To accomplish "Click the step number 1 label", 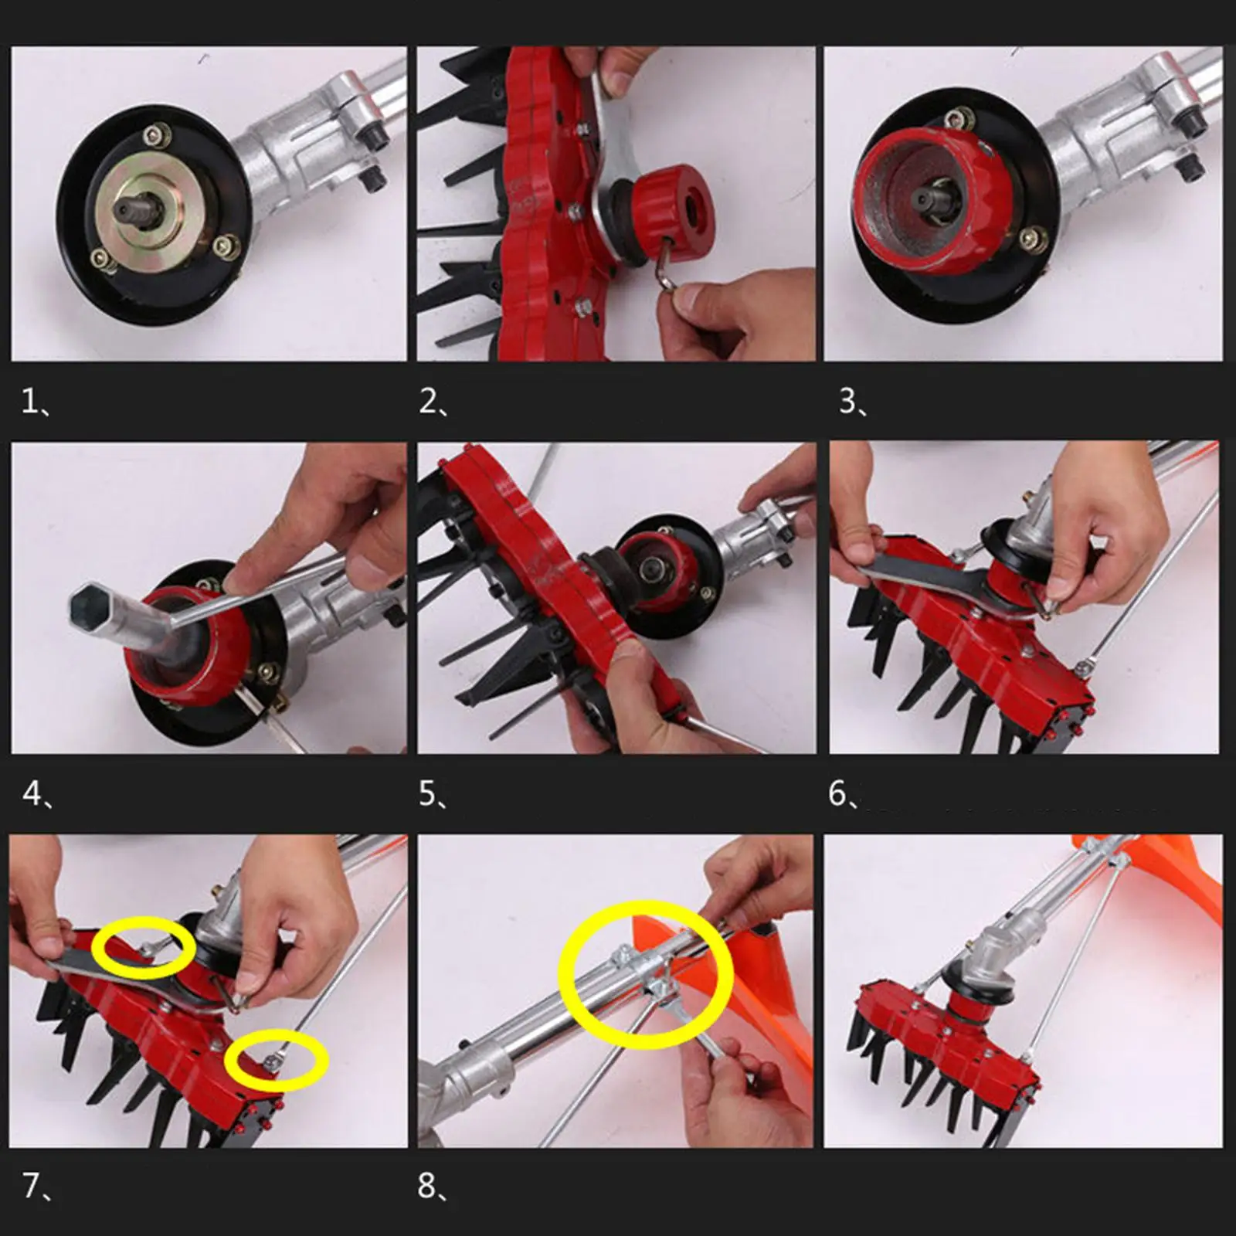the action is pyautogui.click(x=36, y=402).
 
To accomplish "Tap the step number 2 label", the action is pyautogui.click(x=433, y=402).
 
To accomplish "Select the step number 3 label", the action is pyautogui.click(x=853, y=402).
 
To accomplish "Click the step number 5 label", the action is pyautogui.click(x=433, y=793).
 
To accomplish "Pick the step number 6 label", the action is pyautogui.click(x=843, y=793).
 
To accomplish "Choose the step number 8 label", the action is pyautogui.click(x=433, y=1185).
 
